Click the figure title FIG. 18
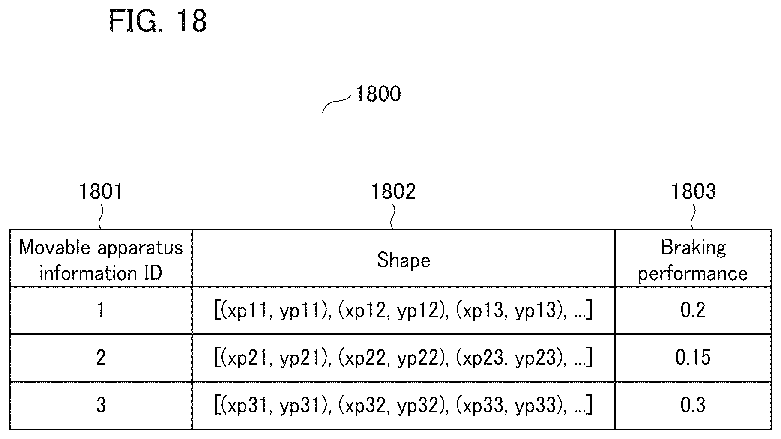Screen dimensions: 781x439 158,21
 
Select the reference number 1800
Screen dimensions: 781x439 378,94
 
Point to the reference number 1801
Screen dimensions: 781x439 101,191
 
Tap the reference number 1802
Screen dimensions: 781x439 393,191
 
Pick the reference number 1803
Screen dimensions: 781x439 693,191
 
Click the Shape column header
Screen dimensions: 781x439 404,260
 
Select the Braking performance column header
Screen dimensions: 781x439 693,260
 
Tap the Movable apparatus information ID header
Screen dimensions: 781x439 101,260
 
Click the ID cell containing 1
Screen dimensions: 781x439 101,310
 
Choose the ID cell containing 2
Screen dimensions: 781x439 101,357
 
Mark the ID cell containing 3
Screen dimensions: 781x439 101,405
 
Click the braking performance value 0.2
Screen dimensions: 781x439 693,310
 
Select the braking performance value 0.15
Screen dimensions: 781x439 693,357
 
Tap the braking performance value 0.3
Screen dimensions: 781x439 693,405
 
